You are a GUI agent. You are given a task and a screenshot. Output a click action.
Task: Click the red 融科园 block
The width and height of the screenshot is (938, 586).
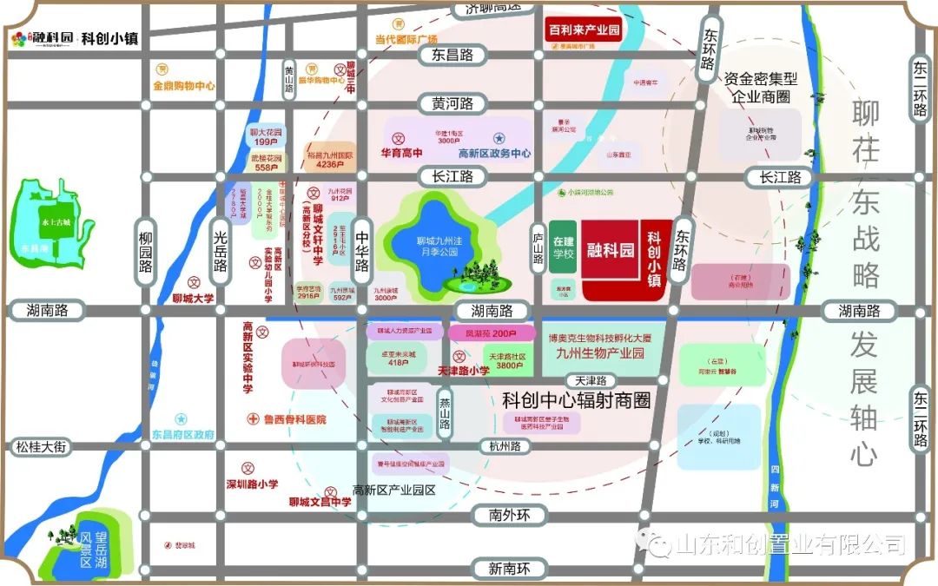(609, 251)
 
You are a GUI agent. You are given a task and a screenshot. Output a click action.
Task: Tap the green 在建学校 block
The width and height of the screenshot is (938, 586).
(563, 247)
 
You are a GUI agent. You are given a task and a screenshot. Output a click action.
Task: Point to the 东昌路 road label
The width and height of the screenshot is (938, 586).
(452, 55)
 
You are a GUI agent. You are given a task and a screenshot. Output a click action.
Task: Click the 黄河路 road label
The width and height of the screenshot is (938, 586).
(452, 103)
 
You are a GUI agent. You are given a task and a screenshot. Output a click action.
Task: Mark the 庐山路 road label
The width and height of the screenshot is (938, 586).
(538, 248)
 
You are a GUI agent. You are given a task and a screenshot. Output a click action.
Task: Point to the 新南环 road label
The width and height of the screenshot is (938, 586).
(508, 569)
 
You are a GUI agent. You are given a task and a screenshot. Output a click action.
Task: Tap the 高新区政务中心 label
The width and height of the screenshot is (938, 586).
(494, 153)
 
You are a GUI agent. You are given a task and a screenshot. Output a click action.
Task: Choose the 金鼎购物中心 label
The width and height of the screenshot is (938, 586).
(184, 86)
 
